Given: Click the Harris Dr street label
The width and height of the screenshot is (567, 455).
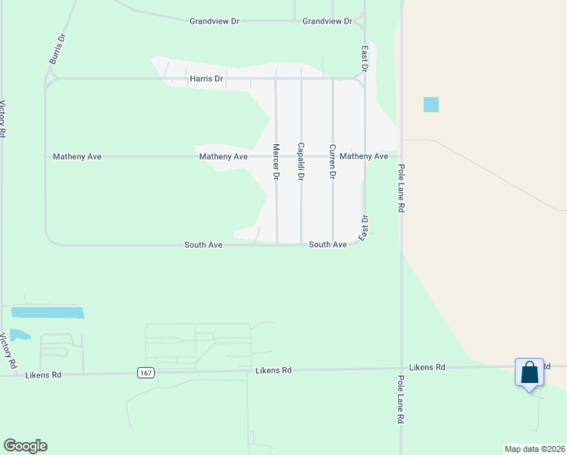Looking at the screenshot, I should coord(207,78).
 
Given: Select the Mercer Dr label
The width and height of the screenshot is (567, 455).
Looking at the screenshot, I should coord(276,162).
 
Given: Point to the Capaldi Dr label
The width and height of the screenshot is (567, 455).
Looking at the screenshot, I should coord(301,162).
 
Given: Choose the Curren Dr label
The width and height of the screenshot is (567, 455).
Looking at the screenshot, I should coord(331,162).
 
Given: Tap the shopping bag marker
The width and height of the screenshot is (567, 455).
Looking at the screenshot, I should coord(529,372).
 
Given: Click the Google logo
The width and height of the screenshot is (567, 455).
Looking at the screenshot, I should coord(25,446).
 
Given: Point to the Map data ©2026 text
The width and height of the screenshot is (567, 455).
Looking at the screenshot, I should coord(534,449).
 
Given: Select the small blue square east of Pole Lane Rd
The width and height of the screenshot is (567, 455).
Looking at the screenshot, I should coord(431,105).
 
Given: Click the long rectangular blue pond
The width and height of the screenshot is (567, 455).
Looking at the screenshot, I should coord(48,312).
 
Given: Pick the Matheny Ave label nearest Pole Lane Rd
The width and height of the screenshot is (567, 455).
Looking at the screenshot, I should coord(364,156).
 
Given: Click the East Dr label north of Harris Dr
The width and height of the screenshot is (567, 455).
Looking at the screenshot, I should coord(365,58).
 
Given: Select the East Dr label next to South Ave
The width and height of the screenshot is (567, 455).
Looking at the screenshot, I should coord(364,228).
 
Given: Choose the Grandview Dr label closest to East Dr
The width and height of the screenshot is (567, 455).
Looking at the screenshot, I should coord(327,21).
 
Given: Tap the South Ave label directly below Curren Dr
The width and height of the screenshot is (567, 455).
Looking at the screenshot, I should coord(327,245).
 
